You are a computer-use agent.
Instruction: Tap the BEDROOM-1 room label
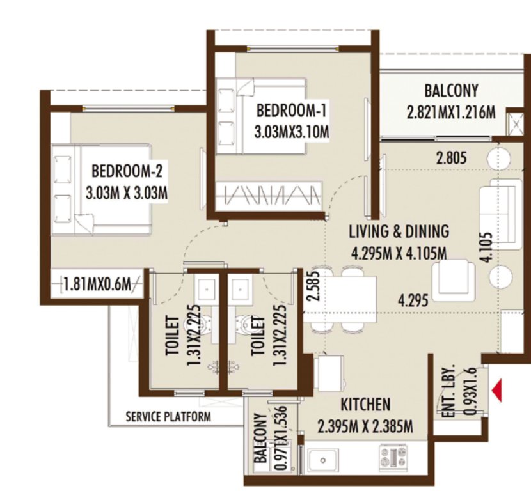(x=291, y=111)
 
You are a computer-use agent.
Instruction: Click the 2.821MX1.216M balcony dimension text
(x=451, y=113)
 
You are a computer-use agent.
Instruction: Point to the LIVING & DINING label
(x=399, y=231)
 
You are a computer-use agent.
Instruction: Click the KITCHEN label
(x=365, y=405)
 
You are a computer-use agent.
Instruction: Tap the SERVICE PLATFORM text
(x=168, y=417)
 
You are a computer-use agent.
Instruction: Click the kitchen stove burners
(x=393, y=458)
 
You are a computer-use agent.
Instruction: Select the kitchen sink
(x=324, y=459)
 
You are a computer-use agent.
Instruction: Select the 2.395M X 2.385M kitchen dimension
(x=365, y=426)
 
